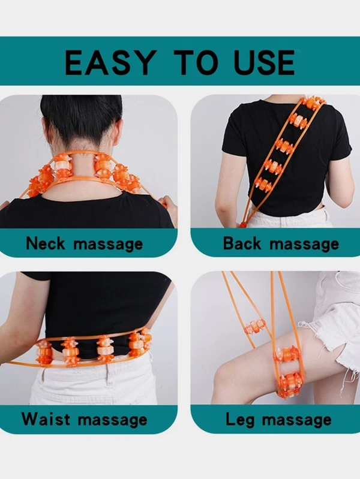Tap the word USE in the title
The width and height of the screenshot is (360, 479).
tap(264, 62)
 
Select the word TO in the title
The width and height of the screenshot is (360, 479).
tap(196, 62)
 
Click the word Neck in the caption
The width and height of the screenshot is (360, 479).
tap(45, 243)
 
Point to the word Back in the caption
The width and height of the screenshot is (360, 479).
tap(242, 243)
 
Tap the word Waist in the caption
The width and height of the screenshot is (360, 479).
tap(46, 419)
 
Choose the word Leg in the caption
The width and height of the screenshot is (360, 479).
tap(240, 420)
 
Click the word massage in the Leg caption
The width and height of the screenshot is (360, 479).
tap(296, 420)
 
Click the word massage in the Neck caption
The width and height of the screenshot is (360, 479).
tap(108, 245)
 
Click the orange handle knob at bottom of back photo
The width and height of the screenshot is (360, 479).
tap(243, 225)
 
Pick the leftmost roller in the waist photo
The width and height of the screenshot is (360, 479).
tap(44, 353)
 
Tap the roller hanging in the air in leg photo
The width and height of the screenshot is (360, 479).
tap(254, 327)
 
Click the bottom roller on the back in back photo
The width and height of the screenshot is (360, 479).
tap(263, 185)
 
